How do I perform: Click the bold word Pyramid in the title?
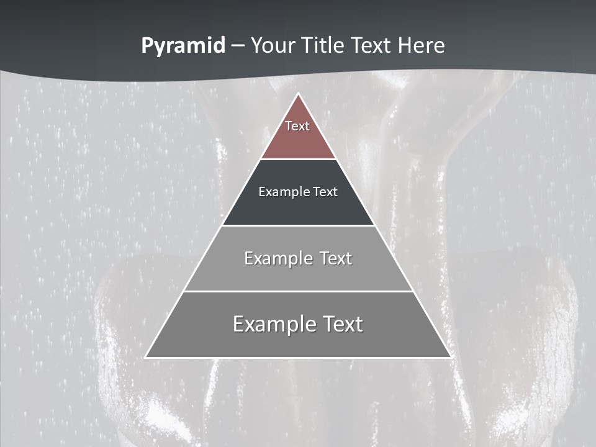183,46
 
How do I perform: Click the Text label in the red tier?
297,126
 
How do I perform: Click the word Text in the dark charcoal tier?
326,192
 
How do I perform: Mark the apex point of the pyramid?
298,94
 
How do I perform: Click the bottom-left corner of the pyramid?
146,357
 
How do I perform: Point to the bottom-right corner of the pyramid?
450,357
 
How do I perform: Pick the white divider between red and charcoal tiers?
298,159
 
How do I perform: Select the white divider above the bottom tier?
298,291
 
